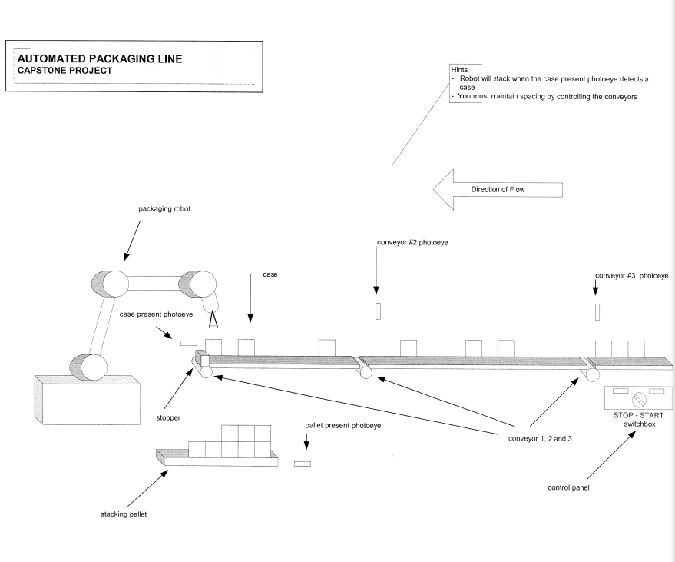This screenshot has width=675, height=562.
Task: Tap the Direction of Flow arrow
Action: [496, 189]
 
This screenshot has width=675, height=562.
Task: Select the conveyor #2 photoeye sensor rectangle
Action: [378, 311]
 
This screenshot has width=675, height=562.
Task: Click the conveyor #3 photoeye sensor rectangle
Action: [597, 311]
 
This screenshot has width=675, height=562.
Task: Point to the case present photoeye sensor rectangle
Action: [189, 342]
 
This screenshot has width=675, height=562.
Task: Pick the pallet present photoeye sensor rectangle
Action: [302, 464]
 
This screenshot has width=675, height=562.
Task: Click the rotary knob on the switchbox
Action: [638, 400]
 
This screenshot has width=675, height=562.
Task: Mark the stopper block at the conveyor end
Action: [201, 358]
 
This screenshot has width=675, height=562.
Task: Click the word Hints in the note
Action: [459, 68]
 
